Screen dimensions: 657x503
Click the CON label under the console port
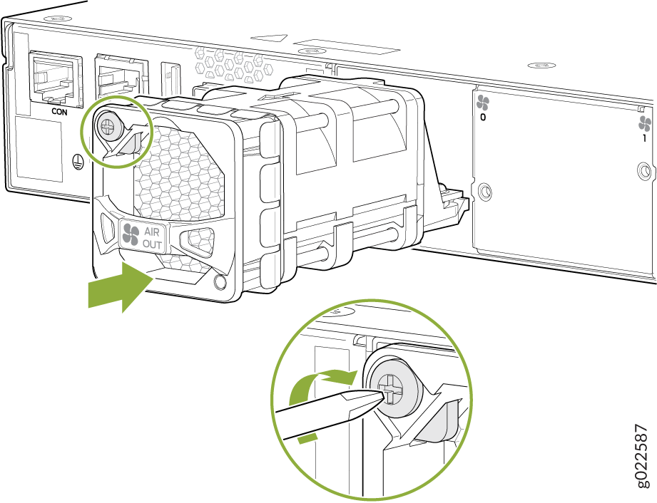(59, 112)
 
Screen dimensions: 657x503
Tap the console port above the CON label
(55, 78)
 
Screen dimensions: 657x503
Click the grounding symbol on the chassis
(76, 159)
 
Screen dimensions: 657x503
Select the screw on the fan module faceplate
(108, 125)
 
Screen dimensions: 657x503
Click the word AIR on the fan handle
(152, 232)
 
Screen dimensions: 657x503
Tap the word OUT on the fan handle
(152, 244)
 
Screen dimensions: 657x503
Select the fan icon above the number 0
(483, 103)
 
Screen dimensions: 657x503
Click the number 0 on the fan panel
(483, 118)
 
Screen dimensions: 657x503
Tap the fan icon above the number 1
(645, 124)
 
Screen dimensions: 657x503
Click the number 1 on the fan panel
(645, 138)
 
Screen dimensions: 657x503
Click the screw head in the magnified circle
(392, 390)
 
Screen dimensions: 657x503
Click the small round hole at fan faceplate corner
(220, 282)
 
